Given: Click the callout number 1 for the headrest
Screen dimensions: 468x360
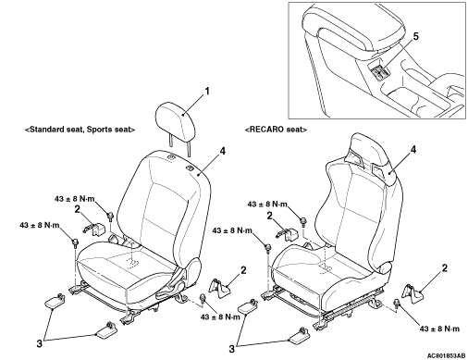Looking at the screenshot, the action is coord(207,92).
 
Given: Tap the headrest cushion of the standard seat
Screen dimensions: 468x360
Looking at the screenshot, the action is coord(177,118).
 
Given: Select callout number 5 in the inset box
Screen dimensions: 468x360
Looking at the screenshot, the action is coord(416,36).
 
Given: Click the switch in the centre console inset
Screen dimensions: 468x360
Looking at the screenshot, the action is coord(379,71).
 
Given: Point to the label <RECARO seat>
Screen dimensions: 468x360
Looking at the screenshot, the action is coord(276,130).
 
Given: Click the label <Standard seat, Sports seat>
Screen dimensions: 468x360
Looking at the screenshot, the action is coord(80,130).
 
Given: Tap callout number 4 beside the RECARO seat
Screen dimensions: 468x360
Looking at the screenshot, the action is coord(413,150).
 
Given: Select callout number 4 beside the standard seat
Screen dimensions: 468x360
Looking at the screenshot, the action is coord(222,151).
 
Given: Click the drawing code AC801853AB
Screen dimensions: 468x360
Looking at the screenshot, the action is coord(446,356).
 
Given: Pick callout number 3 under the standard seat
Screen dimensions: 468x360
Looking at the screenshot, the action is coord(40,343).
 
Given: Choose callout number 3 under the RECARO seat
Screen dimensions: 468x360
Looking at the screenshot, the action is coord(231,349).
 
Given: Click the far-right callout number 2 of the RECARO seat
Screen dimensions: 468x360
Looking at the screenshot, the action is coord(444,268).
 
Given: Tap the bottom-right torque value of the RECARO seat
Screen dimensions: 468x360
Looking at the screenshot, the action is coord(439,329).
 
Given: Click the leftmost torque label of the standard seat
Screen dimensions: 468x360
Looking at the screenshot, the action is coord(40,225).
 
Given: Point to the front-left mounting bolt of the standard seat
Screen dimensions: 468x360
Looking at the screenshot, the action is coord(74,242).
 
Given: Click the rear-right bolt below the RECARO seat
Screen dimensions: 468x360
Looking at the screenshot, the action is coord(397,303).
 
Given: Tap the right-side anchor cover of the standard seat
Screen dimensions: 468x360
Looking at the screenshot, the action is coord(219,288).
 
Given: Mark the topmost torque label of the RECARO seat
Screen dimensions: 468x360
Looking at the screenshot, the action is coord(267,205).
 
